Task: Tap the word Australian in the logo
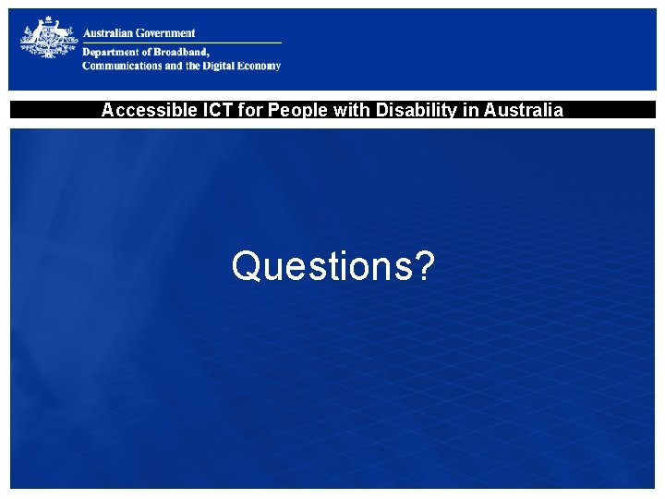pyautogui.click(x=108, y=33)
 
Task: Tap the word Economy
pyautogui.click(x=261, y=66)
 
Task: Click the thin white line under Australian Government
pyautogui.click(x=181, y=43)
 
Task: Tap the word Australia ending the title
pyautogui.click(x=523, y=111)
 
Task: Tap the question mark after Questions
pyautogui.click(x=425, y=266)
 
